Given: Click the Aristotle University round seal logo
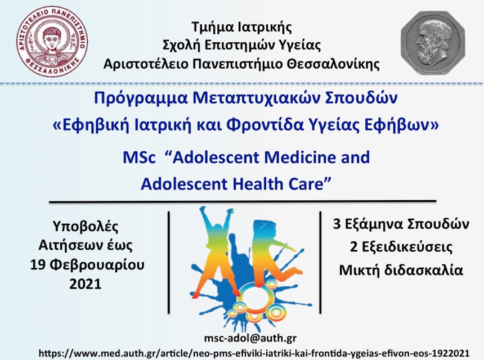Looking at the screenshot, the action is pos(52,42).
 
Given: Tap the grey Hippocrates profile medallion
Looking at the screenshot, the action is pos(433,43).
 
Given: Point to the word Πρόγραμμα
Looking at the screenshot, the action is pos(141,98).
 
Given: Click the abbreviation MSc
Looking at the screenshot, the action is pos(139,157).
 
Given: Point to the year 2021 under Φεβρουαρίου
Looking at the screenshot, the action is pos(86,284).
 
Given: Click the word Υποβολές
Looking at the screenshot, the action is pos(86,227).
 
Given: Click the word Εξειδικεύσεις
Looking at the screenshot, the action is pos(407,247).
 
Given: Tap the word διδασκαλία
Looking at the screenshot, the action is pos(424,270).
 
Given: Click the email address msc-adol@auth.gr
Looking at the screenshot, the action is pos(250,339).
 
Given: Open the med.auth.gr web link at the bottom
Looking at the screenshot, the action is pos(254,353).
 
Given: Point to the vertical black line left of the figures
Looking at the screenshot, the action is pos(169,263).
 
